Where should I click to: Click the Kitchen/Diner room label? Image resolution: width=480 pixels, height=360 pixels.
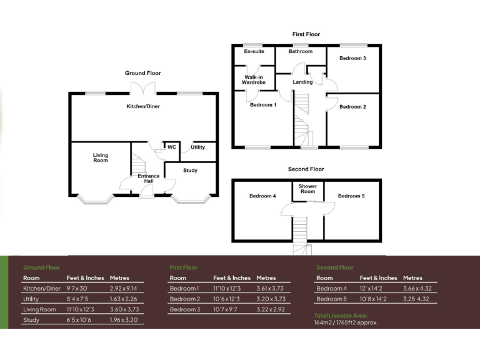point(143,107)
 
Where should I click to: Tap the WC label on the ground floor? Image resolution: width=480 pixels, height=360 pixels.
point(171,147)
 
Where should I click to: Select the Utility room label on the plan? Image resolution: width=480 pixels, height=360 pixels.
point(198,147)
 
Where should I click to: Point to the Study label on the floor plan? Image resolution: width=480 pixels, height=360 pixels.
point(190,171)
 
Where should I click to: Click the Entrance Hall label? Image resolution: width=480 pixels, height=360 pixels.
point(149,179)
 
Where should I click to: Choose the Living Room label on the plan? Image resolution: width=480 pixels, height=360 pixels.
point(101,158)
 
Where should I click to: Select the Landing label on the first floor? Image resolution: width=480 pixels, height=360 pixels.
point(302,82)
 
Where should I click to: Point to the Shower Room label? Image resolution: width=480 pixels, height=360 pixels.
point(307,189)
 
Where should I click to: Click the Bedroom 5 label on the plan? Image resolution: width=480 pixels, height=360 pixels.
point(351,196)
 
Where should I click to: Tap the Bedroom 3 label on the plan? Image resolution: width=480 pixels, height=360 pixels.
point(352,59)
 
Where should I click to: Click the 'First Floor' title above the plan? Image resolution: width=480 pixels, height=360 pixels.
point(306,34)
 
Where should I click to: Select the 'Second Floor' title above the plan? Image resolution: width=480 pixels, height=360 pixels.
point(306,169)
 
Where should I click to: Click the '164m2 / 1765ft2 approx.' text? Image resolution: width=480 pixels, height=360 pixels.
point(346,323)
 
